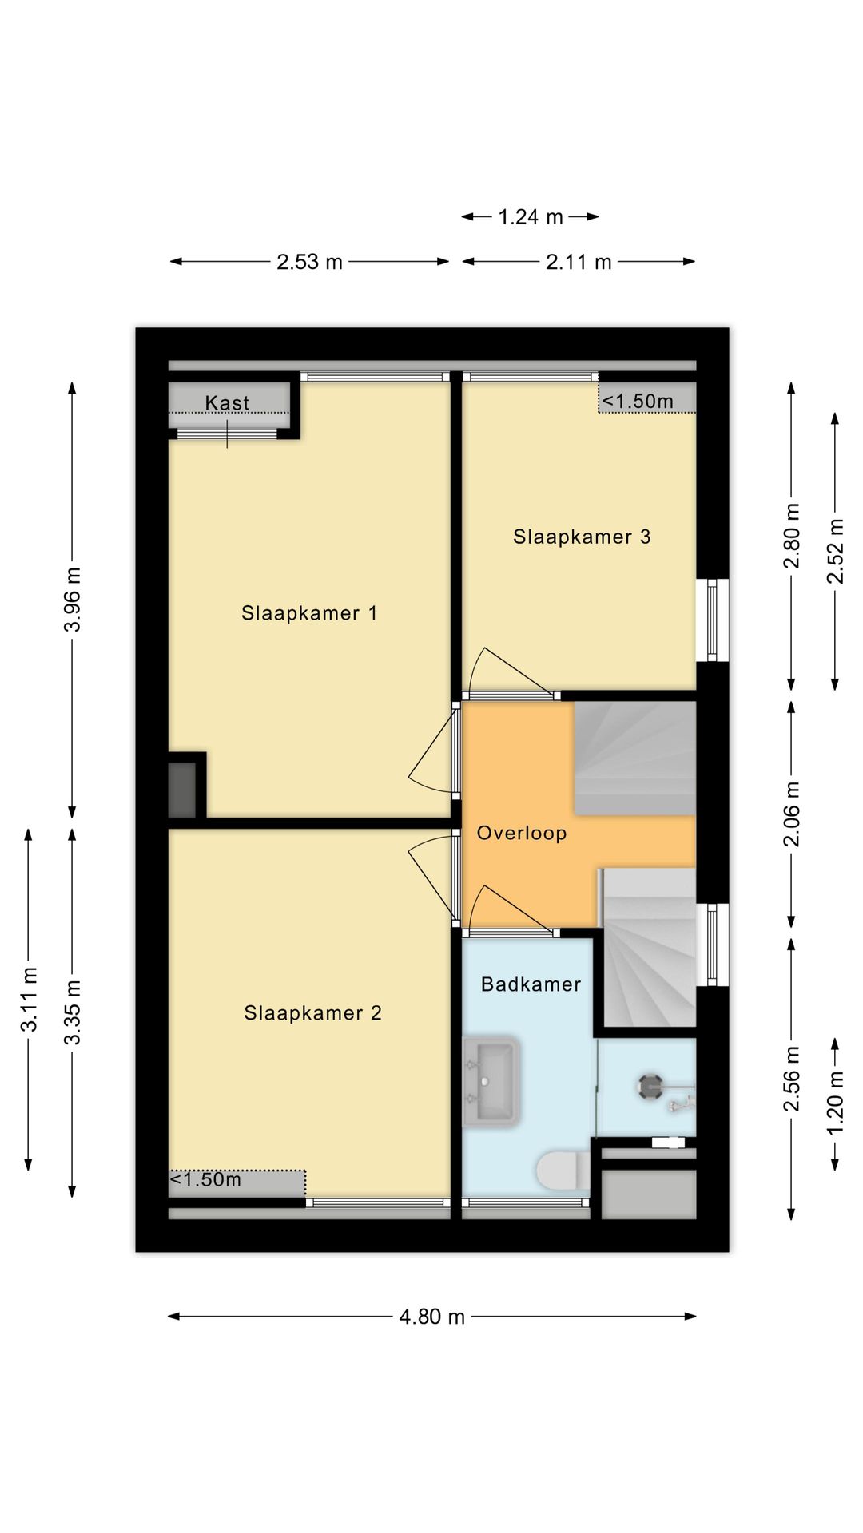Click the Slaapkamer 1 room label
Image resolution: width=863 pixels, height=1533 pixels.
click(x=309, y=613)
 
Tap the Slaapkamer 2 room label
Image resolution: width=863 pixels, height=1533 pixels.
click(x=312, y=1013)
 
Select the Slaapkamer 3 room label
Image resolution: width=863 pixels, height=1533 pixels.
click(x=582, y=537)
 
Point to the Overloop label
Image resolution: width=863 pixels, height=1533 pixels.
click(x=522, y=833)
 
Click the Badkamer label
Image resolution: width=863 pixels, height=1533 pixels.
click(x=531, y=984)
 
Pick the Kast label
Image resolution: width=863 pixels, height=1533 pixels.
click(x=227, y=403)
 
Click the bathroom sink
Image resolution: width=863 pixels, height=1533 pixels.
click(x=491, y=1082)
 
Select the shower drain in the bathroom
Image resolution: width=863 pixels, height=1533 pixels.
click(x=650, y=1086)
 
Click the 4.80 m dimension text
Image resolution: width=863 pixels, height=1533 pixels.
click(x=431, y=1317)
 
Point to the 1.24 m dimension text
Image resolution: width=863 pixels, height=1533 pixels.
click(x=531, y=217)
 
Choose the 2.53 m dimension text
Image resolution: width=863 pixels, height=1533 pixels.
click(x=309, y=262)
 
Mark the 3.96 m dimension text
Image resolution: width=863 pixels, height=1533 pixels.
click(x=73, y=600)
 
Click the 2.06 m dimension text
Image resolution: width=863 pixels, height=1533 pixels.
click(x=791, y=814)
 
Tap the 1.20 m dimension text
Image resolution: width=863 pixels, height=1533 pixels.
click(x=835, y=1103)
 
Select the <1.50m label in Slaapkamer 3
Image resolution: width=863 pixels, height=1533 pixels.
click(x=638, y=401)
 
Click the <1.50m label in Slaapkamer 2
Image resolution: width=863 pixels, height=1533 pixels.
click(x=205, y=1179)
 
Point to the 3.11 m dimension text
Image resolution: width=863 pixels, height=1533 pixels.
click(x=29, y=999)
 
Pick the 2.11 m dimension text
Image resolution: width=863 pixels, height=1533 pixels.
click(x=579, y=262)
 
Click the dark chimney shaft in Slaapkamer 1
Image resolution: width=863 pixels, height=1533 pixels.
click(x=182, y=790)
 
